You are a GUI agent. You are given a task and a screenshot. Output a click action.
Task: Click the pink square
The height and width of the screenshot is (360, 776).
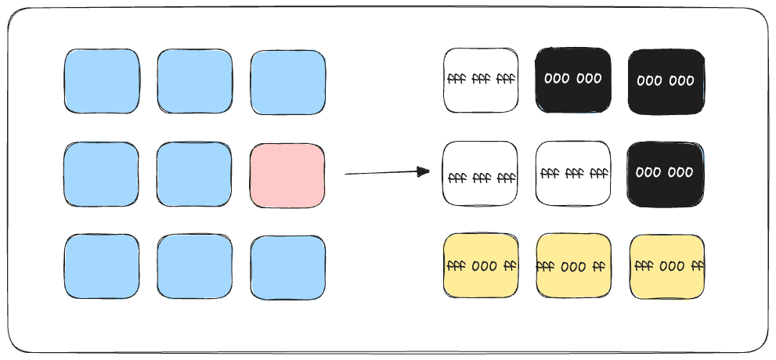287,175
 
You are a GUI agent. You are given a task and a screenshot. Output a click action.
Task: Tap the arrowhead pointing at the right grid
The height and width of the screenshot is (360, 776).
424,171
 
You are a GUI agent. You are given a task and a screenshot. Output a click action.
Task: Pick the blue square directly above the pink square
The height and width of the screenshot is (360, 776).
288,82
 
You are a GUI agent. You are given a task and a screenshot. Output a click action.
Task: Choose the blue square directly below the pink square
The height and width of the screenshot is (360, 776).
288,268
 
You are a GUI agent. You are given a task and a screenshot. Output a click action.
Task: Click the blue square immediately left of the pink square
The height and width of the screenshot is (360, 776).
194,175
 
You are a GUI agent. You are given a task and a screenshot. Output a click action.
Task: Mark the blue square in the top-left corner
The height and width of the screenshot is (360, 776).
102,81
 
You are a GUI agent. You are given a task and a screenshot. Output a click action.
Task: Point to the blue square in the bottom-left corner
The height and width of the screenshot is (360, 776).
102,267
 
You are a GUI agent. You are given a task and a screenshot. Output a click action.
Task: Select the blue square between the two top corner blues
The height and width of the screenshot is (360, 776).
195,81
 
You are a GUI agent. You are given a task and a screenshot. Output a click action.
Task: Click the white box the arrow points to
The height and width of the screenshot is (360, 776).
480,174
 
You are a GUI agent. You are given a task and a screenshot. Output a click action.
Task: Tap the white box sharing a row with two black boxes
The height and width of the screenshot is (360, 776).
481,81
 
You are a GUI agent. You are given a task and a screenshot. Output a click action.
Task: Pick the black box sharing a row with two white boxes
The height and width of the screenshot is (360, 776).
666,174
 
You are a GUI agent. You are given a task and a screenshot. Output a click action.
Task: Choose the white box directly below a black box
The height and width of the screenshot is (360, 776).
573,174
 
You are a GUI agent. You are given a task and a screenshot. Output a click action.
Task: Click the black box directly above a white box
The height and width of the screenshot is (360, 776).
573,80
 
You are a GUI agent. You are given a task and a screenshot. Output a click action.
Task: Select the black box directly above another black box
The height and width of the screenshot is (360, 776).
666,81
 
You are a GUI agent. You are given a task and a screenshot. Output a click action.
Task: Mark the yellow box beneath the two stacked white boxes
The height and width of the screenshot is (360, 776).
481,266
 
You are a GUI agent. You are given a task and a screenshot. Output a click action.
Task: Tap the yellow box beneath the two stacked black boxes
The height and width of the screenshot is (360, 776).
667,267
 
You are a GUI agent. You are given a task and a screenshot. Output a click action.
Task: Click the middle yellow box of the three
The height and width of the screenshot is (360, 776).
574,267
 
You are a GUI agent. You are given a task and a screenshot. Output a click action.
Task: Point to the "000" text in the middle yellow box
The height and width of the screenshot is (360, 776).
574,268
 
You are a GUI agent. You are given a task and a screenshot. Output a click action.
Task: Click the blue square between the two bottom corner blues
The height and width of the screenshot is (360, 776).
194,267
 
